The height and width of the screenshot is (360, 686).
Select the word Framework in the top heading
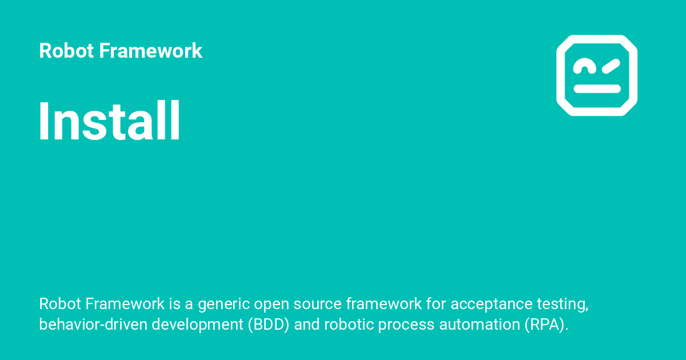[x=151, y=51]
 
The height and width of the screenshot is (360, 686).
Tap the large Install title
[x=110, y=122]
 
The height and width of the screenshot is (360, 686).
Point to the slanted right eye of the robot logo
[x=610, y=66]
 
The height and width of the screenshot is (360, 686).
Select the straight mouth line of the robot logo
[x=597, y=89]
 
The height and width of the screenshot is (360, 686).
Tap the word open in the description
[x=271, y=304]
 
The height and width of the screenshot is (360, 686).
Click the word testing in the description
[x=564, y=304]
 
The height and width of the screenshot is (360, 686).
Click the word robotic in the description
[x=348, y=325]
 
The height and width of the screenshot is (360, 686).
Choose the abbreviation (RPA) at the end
[x=545, y=325]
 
